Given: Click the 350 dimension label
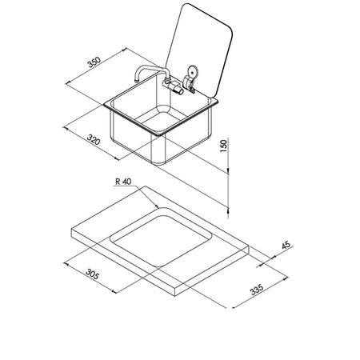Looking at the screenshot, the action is [x=94, y=62].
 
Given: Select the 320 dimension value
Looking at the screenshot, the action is [x=94, y=139].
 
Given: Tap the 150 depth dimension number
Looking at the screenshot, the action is [x=223, y=146].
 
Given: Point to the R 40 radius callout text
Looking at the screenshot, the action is [x=123, y=182].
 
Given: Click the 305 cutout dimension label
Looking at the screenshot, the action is [x=93, y=274].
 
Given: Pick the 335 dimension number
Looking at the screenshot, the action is [x=257, y=290].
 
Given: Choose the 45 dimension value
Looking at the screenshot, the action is [x=286, y=245].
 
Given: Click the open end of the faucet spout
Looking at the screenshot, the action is [x=137, y=80].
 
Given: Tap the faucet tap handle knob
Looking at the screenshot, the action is [x=179, y=90].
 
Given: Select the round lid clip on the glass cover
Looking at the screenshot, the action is [x=192, y=71].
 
